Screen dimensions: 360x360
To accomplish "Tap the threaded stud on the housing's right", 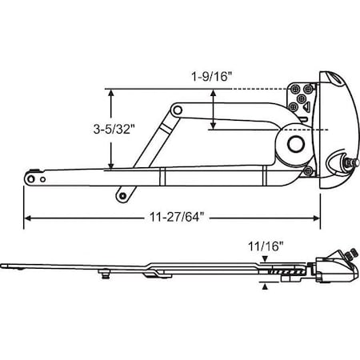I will click(x=349, y=163).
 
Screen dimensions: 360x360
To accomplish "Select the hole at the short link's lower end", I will click(x=121, y=194).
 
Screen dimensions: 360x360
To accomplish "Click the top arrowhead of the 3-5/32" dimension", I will click(x=111, y=93).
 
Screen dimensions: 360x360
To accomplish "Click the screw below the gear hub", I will click(x=307, y=169).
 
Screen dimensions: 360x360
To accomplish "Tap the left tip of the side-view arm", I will click(x=5, y=266).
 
